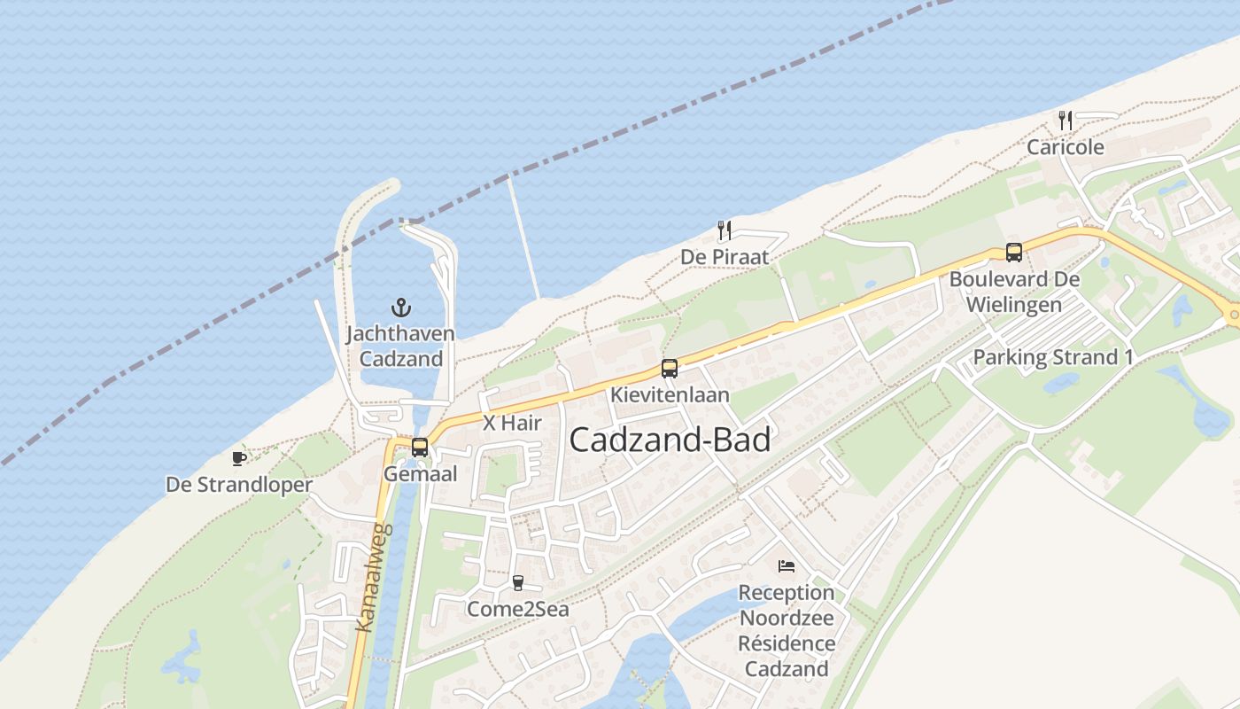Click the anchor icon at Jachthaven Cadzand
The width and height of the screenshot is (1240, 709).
pos(401,308)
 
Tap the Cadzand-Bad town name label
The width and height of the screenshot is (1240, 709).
pos(670,440)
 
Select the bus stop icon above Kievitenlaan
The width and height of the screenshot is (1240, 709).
pos(670,369)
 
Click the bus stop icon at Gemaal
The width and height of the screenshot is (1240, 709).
pos(420,448)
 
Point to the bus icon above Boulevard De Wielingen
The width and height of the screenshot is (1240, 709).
pos(1014,253)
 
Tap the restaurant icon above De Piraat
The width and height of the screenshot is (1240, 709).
pos(725,230)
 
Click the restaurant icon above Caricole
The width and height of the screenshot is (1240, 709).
pos(1066,121)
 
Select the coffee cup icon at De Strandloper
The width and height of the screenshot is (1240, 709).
pos(238,458)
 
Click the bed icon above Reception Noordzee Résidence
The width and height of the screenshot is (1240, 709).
pos(787,566)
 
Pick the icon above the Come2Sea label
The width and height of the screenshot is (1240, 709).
pos(518,583)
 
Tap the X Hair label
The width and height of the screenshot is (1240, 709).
pos(512,424)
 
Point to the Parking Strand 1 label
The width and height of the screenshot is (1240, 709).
pos(1053,358)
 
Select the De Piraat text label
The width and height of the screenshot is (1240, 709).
pos(725,257)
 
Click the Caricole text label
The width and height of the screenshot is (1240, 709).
pos(1066,147)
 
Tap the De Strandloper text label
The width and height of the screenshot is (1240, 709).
pos(239,486)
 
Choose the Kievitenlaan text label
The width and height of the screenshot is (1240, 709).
pos(670,395)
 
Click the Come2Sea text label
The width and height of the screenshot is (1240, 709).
pos(518,610)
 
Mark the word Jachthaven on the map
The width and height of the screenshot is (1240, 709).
pos(400,334)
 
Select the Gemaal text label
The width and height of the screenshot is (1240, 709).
pos(421,474)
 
